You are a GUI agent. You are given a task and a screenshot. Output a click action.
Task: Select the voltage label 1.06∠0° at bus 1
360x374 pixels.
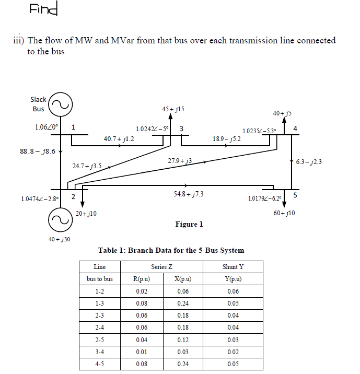click(47, 127)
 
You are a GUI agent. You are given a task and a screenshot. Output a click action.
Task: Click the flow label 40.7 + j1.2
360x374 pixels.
click(119, 139)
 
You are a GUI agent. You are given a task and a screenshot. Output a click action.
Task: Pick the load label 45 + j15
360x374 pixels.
click(173, 109)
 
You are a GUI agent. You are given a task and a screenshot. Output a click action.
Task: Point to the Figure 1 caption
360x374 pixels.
click(189, 225)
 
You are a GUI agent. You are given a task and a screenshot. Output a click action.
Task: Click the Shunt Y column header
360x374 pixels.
click(233, 267)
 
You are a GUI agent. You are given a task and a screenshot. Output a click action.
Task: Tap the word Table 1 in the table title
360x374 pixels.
click(111, 251)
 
